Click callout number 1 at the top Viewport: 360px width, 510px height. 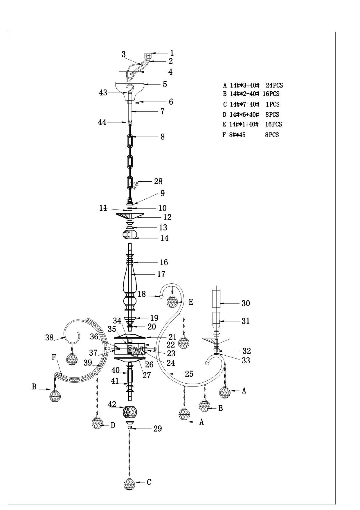tap(172, 53)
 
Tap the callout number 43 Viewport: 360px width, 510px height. tap(103, 93)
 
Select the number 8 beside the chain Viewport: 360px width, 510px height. tap(163, 137)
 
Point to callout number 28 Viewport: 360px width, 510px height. tap(158, 181)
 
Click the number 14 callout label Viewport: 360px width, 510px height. tap(164, 238)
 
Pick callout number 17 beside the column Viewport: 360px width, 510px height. tap(161, 274)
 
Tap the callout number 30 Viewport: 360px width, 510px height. tap(246, 303)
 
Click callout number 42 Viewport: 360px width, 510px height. tap(112, 404)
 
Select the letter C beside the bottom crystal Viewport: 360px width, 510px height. tap(149, 482)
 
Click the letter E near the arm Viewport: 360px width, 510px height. tap(191, 302)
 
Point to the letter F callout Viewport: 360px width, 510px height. tap(54, 357)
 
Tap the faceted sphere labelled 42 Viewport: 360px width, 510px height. tap(130, 412)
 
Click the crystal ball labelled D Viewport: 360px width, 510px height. tap(98, 423)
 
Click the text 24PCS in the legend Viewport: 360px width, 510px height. tap(274, 85)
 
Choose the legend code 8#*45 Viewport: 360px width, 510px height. tap(237, 135)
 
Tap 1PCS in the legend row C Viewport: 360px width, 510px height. tap(273, 104)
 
